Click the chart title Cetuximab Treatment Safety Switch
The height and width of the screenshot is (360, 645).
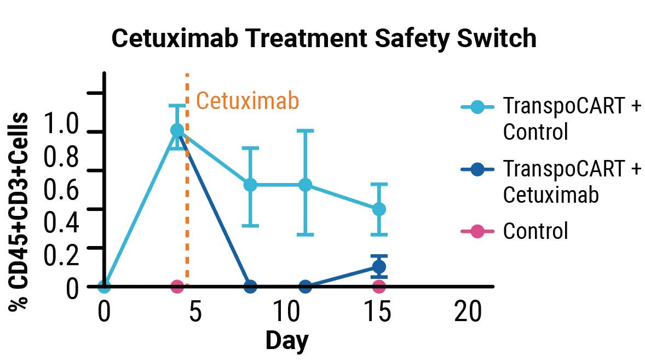pyautogui.click(x=324, y=38)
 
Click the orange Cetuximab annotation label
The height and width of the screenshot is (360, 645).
pyautogui.click(x=247, y=101)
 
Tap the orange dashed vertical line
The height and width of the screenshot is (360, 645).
pyautogui.click(x=187, y=219)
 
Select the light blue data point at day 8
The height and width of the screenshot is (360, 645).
pyautogui.click(x=250, y=185)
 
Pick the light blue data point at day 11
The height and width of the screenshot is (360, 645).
pyautogui.click(x=306, y=185)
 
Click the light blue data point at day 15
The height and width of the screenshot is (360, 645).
pyautogui.click(x=379, y=209)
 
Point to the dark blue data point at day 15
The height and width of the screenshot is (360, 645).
pyautogui.click(x=379, y=267)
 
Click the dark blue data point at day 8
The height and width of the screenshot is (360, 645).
pyautogui.click(x=250, y=286)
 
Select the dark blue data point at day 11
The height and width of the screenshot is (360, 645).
pyautogui.click(x=306, y=286)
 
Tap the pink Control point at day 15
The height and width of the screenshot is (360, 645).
pyautogui.click(x=379, y=286)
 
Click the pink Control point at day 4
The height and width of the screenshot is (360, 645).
pyautogui.click(x=177, y=286)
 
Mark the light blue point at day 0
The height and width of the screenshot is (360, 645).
pyautogui.click(x=104, y=286)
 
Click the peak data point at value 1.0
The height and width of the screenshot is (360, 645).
pyautogui.click(x=177, y=130)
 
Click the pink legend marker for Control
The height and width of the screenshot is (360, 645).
pyautogui.click(x=477, y=231)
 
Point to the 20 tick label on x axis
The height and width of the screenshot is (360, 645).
pyautogui.click(x=468, y=313)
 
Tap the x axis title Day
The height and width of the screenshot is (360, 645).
pyautogui.click(x=287, y=340)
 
